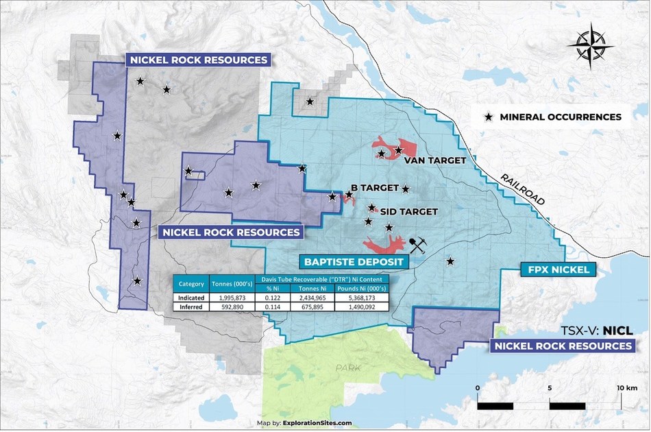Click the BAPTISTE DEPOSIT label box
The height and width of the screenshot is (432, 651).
click(354, 261)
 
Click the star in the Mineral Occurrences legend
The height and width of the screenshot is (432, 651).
click(488, 117)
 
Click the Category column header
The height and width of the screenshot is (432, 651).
click(192, 284)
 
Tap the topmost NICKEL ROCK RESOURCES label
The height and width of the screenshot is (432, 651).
click(198, 60)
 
